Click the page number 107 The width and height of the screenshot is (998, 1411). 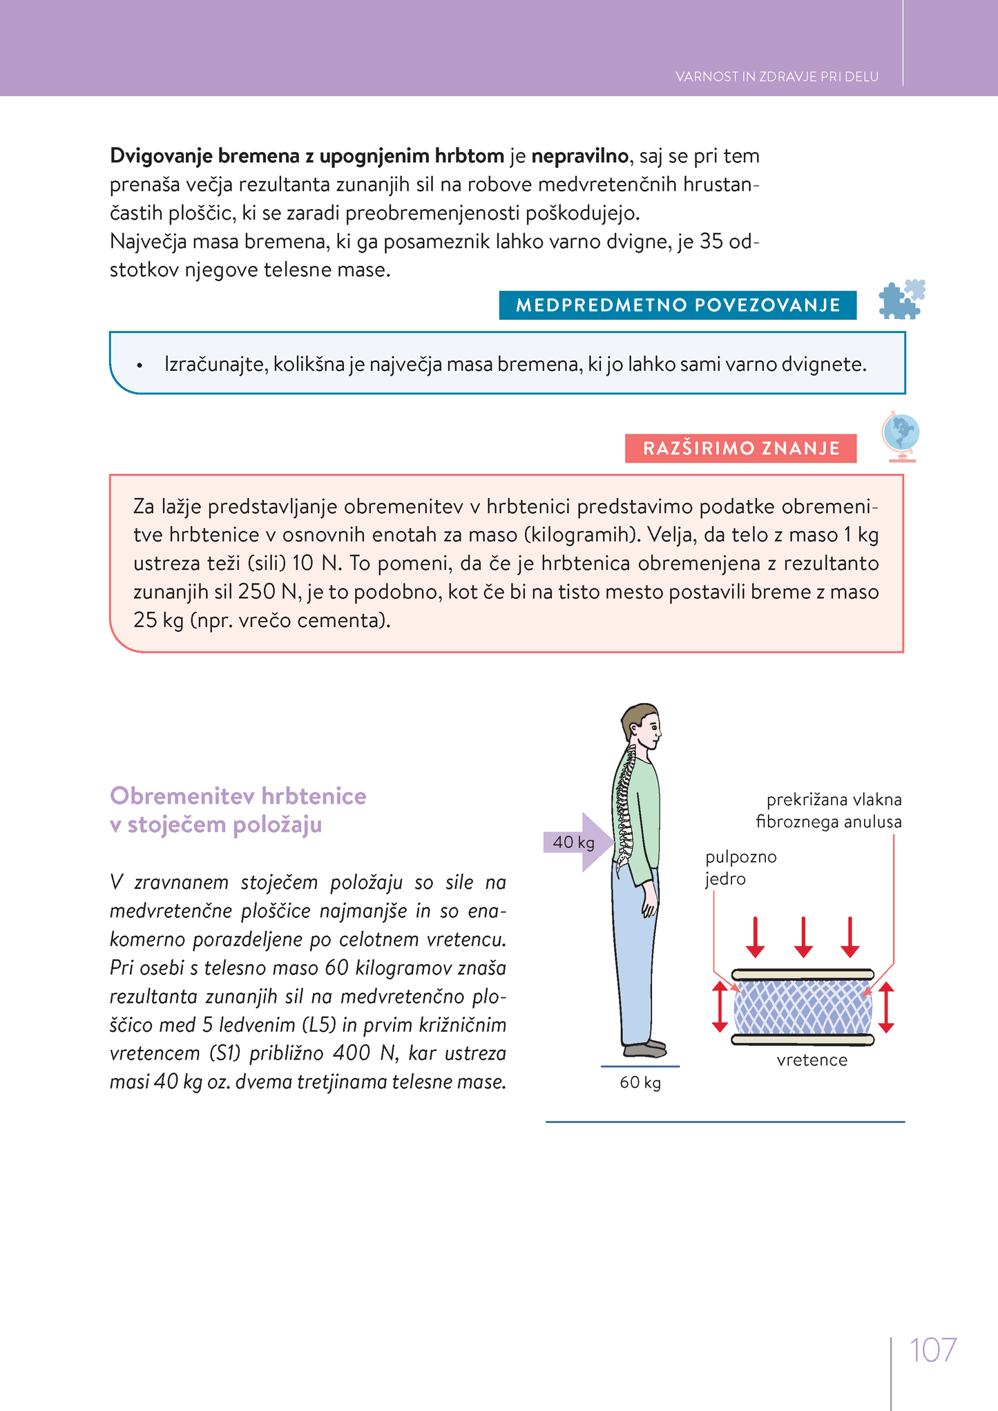point(932,1350)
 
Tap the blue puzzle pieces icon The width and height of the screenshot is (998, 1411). point(901,299)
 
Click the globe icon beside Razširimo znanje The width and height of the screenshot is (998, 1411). point(900,436)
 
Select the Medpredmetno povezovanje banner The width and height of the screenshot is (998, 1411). point(678,305)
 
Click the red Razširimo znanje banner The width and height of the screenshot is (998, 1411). point(740,448)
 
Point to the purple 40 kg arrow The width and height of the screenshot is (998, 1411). point(577,842)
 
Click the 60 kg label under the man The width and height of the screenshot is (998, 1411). point(640,1082)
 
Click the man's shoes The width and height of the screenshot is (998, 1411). point(645,1048)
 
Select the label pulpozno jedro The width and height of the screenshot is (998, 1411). point(740,867)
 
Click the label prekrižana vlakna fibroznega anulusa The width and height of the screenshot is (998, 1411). point(828,811)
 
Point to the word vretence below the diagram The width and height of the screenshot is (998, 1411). point(812,1060)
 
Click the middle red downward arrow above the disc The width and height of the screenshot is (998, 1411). point(803,937)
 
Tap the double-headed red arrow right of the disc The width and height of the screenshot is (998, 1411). point(887,1007)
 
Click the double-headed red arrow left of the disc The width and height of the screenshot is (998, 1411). point(720,1007)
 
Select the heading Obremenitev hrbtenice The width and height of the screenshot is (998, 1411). point(238,796)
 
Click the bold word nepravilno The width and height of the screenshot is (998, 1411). point(579,156)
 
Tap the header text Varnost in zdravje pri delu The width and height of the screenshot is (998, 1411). point(776,77)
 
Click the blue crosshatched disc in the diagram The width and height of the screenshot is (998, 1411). point(803,1007)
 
